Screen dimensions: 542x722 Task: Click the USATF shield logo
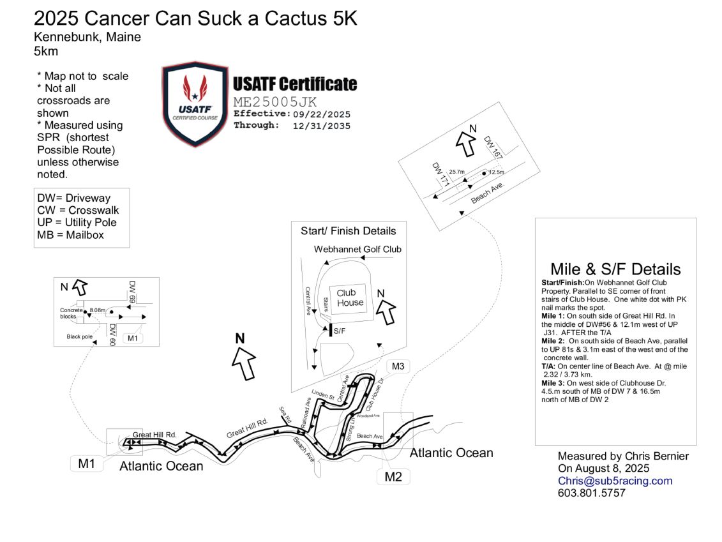(x=195, y=103)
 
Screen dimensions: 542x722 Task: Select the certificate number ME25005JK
(x=275, y=102)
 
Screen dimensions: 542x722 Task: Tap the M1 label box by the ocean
(x=87, y=464)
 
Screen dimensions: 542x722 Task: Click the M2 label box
(x=394, y=476)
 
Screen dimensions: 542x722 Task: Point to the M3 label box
(x=398, y=366)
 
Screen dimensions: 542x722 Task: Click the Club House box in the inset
(x=350, y=298)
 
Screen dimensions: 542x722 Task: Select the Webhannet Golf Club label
(x=357, y=249)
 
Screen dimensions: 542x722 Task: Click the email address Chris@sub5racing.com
(x=615, y=481)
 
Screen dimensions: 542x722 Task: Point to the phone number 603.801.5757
(x=592, y=493)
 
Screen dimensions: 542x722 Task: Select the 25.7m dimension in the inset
(x=457, y=172)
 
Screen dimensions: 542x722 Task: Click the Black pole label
(x=80, y=336)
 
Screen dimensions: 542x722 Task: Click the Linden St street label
(x=323, y=394)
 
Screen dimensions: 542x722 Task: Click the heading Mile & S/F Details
(x=615, y=269)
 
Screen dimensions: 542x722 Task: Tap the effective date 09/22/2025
(x=321, y=114)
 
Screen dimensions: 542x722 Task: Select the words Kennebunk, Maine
(x=87, y=37)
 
